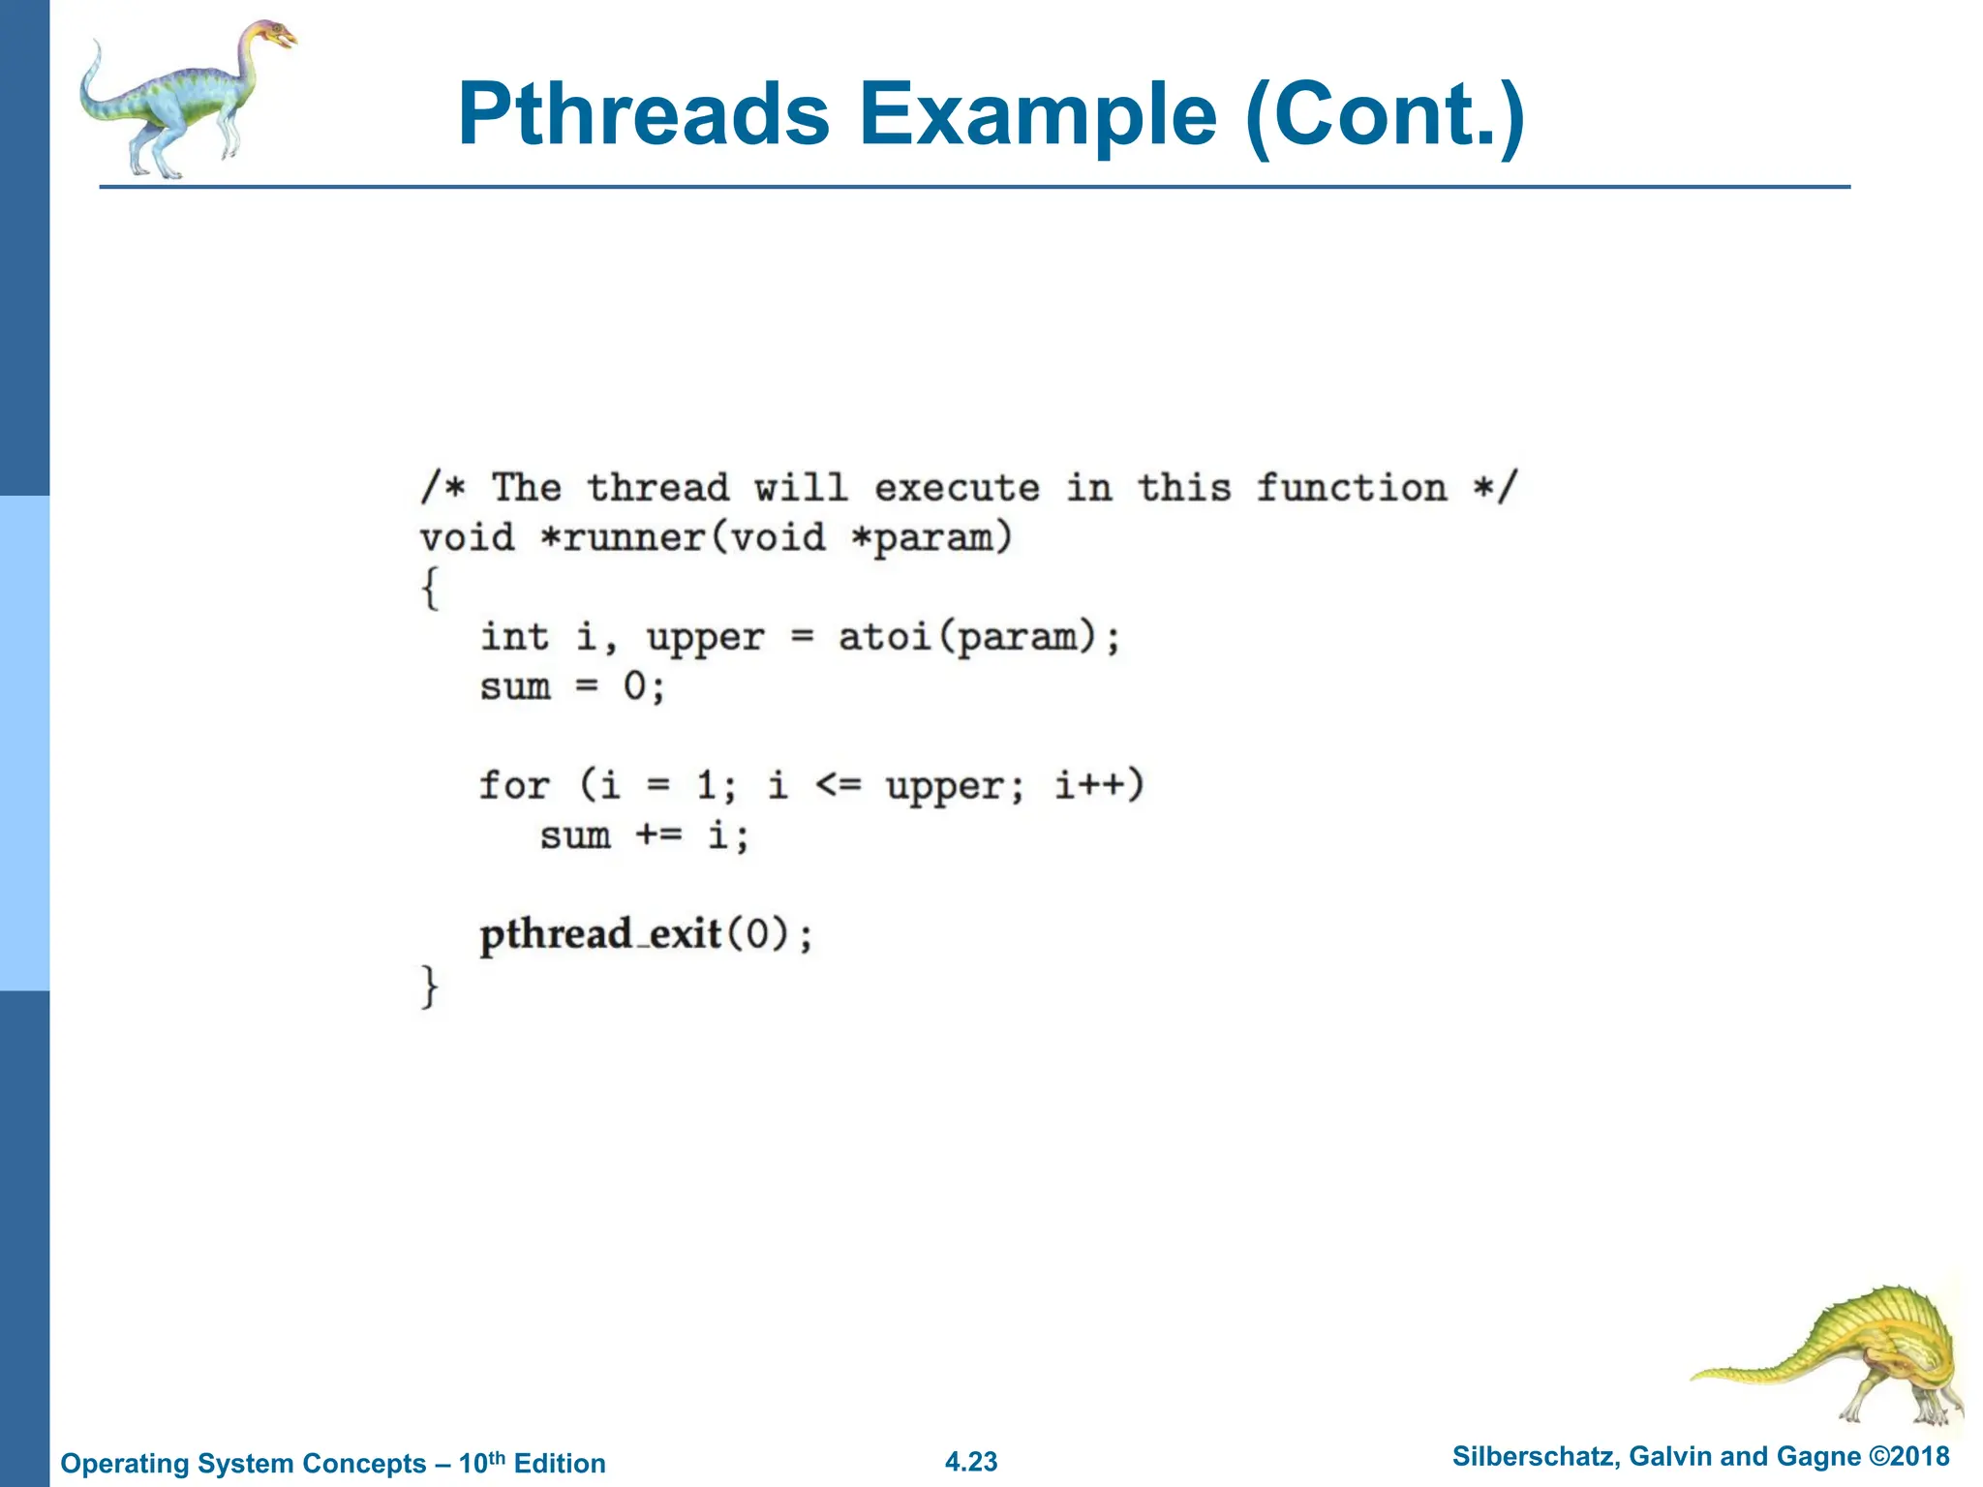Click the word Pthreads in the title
pos(644,116)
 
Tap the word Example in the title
pos(1037,116)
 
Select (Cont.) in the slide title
pos(1386,116)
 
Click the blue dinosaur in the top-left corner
pos(184,97)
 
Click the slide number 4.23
pos(971,1461)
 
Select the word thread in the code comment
pos(657,488)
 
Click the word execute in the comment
pos(957,488)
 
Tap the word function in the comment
pos(1352,488)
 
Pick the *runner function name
pos(634,537)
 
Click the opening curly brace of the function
pos(430,588)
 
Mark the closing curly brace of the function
pos(430,986)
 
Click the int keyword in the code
pos(515,637)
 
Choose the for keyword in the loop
pos(514,785)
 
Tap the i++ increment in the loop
pos(1089,785)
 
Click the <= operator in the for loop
pos(838,785)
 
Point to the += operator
pos(658,835)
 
